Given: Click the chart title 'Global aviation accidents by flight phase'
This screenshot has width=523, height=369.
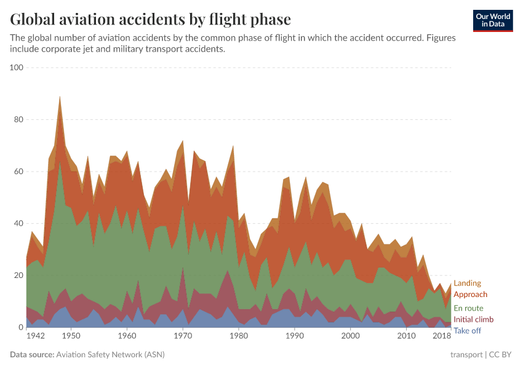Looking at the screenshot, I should (x=151, y=19).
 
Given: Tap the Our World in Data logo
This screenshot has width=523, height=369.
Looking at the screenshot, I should (x=492, y=20).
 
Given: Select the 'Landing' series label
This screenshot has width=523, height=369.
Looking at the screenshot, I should (x=467, y=284).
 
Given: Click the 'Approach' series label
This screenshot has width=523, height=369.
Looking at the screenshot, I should (x=470, y=295).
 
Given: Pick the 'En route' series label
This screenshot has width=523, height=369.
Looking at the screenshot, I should (x=468, y=308).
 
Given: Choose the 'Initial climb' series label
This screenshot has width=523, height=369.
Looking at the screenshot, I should (x=473, y=320).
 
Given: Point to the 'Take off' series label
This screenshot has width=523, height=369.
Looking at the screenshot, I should (x=467, y=331).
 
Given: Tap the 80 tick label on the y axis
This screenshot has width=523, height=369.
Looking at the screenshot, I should (x=17, y=119).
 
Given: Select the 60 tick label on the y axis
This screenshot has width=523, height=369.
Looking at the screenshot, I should (x=17, y=172).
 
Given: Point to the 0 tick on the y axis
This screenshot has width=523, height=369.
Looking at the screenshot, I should (x=19, y=328).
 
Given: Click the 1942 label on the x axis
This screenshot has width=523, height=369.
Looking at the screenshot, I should (x=36, y=336).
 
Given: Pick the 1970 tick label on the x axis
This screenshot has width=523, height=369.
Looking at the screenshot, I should (x=183, y=336).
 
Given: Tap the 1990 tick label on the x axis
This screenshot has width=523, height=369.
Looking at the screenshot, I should (x=295, y=336).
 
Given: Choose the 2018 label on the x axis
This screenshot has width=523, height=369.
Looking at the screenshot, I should (x=442, y=336).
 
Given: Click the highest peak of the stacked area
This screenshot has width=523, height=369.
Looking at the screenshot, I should (x=60, y=97).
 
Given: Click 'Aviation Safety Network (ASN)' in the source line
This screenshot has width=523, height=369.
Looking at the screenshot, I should (x=111, y=355).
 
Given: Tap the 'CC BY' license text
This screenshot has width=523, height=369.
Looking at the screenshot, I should (x=499, y=355).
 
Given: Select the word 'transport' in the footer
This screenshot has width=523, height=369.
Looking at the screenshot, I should (x=466, y=355).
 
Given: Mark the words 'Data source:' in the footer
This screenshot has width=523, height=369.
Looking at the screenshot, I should (x=31, y=355).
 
